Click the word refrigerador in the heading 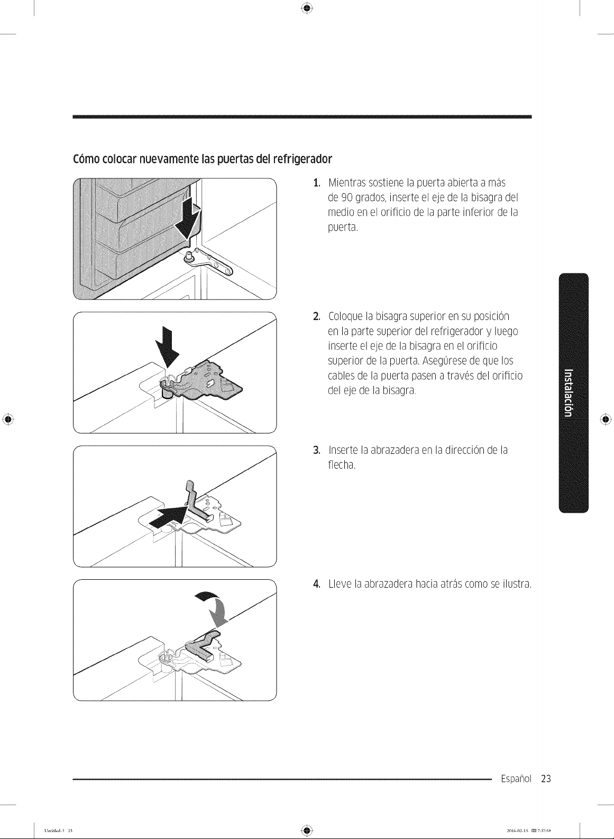(303, 159)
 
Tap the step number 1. (317, 183)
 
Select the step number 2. (317, 316)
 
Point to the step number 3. (317, 450)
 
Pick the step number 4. (317, 583)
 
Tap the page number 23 (546, 778)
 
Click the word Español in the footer (516, 779)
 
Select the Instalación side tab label (568, 393)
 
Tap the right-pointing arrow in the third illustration (168, 516)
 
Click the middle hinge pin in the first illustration (189, 256)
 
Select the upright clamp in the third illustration (197, 500)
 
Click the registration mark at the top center (307, 8)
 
